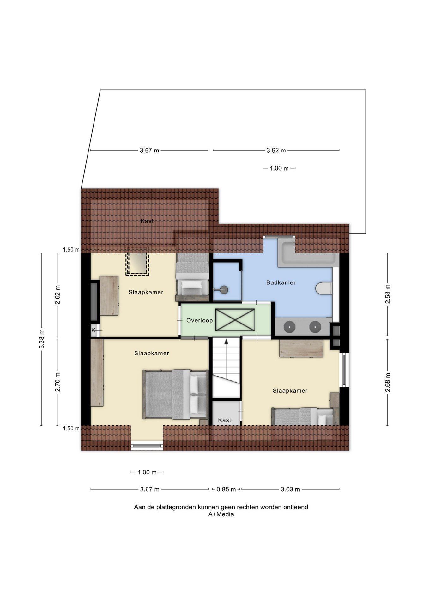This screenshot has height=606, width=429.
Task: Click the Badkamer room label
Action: tap(281, 282)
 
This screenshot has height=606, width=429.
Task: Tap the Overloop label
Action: tap(199, 320)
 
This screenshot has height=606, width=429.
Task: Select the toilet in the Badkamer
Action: tap(324, 288)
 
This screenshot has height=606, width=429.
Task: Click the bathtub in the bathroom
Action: tap(308, 252)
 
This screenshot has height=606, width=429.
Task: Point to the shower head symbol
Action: tap(224, 289)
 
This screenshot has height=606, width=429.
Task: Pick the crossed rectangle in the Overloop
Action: tap(235, 320)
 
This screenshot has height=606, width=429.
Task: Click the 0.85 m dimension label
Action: tap(226, 490)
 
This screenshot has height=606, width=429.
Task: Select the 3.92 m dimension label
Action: tap(276, 151)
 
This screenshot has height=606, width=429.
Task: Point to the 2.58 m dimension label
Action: tap(388, 294)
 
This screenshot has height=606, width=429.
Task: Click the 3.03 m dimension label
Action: tap(290, 490)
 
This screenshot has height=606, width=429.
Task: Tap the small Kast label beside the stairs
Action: tap(225, 420)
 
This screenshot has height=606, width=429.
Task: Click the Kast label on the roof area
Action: tap(147, 221)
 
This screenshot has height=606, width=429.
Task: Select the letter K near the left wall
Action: tap(93, 330)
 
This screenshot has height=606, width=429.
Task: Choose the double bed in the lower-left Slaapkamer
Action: tap(175, 394)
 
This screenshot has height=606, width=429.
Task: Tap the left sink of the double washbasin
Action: tap(289, 327)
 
